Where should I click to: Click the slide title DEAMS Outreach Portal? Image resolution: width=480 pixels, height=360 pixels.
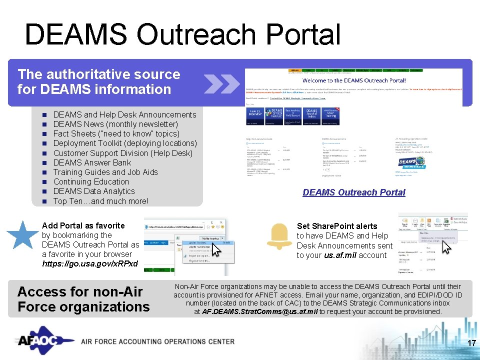click(x=182, y=35)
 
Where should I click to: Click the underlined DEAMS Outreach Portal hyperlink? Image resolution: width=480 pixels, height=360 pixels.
click(x=353, y=192)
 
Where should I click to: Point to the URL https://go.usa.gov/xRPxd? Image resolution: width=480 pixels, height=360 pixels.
click(x=89, y=263)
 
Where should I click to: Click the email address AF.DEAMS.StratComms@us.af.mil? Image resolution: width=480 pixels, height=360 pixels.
click(x=259, y=311)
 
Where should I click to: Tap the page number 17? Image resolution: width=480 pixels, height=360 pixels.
click(x=470, y=343)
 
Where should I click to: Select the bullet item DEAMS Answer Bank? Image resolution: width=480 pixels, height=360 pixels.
click(x=92, y=162)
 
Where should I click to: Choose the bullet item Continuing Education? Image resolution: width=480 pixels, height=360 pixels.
click(x=91, y=181)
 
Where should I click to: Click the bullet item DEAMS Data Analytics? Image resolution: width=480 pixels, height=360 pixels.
click(x=94, y=191)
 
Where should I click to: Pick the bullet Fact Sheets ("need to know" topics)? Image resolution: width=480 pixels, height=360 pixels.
click(x=116, y=133)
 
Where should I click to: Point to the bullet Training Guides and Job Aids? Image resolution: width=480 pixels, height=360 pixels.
click(x=105, y=172)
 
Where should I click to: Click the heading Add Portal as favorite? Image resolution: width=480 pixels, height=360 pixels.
click(x=83, y=225)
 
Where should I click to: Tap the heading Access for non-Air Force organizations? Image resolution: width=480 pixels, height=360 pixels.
click(x=83, y=299)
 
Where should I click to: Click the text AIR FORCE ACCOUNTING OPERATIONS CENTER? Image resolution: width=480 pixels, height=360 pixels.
click(x=157, y=341)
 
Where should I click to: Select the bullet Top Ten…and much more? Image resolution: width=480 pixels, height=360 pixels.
click(x=100, y=201)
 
